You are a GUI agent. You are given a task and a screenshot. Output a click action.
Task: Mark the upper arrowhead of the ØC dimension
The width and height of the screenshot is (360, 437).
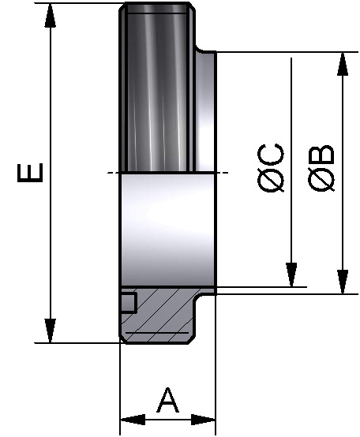pyautogui.click(x=293, y=65)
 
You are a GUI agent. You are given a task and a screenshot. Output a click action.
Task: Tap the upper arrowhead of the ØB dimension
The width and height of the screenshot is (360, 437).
pyautogui.click(x=343, y=65)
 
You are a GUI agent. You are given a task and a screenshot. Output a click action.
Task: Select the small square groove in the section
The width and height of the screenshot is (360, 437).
pyautogui.click(x=128, y=303)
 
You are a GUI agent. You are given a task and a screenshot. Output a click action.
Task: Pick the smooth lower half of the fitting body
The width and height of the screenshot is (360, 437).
pyautogui.click(x=166, y=229)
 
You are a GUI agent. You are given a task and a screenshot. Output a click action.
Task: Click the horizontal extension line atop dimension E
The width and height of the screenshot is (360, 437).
pyautogui.click(x=79, y=4)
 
